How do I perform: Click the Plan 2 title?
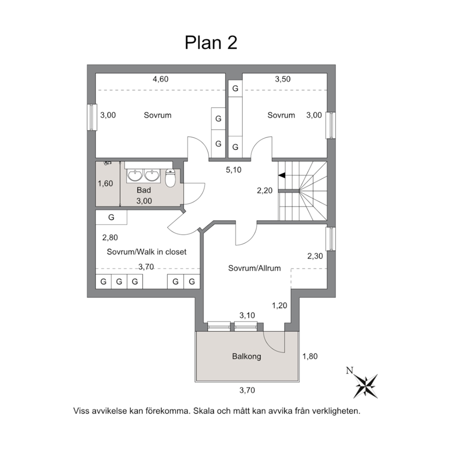211,43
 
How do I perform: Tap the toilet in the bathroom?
170,178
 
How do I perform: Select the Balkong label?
246,356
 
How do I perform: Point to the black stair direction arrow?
281,175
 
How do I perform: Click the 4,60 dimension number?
160,79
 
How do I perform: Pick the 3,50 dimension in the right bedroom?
283,79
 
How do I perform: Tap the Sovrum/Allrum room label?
254,268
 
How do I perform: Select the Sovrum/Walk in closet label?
146,252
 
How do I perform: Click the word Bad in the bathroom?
144,190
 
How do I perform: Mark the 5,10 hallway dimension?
234,170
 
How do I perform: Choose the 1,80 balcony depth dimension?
310,356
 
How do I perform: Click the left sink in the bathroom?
135,175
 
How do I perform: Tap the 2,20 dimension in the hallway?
265,190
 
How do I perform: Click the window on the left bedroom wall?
91,117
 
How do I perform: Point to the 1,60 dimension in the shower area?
105,184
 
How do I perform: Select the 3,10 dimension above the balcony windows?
247,316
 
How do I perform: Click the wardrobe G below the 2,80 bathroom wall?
111,217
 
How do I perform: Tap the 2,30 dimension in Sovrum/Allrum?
315,256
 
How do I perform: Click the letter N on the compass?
350,371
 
